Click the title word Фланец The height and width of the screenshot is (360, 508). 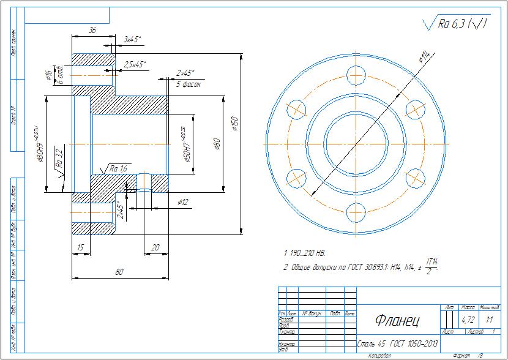[397, 320]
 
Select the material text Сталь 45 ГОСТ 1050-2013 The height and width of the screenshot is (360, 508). [398, 343]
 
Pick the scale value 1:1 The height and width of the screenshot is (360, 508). [489, 320]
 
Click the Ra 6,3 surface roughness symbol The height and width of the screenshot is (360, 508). [457, 24]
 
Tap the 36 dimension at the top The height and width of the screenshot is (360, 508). [92, 30]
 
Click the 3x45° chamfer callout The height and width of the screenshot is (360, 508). [132, 40]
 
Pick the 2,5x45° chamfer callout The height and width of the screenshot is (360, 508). [135, 64]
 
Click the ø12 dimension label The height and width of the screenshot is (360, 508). [182, 201]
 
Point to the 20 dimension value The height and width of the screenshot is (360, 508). [155, 247]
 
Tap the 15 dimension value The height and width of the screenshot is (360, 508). [80, 247]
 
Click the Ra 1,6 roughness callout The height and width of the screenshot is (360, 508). [118, 168]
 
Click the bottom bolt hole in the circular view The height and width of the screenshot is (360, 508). [356, 212]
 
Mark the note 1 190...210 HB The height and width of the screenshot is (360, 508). [305, 252]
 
